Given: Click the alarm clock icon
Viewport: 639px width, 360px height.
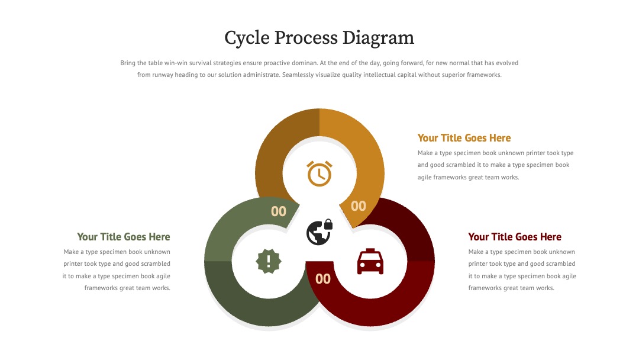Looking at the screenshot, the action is (x=319, y=173).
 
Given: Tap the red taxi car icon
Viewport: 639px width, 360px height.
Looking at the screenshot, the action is (x=370, y=261).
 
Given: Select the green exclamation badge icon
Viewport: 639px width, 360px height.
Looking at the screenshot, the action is (x=269, y=261).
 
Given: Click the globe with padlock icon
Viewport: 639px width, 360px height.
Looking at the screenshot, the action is (x=319, y=232).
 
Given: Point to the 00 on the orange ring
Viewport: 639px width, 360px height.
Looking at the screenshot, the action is (x=358, y=206).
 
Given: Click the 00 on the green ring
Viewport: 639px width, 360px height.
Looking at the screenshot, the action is (x=279, y=211).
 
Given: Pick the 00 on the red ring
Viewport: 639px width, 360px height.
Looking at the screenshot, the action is (x=323, y=279).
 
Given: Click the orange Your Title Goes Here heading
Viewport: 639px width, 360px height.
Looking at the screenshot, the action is (x=464, y=138).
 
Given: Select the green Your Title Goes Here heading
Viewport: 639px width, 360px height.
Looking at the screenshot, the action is (x=124, y=237).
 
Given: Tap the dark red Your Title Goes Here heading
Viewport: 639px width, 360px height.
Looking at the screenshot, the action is (x=515, y=237).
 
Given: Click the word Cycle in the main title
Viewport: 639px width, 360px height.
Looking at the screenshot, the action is (x=247, y=38).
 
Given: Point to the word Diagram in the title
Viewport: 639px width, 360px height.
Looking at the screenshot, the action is (x=378, y=38).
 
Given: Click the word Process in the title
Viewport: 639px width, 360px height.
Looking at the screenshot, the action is (x=306, y=37).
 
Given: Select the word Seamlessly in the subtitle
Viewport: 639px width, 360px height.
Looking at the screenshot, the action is (x=296, y=75).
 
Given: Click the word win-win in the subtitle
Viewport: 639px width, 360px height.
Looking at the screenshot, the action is (x=176, y=63).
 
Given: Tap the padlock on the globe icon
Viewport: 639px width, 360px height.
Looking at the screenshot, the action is (x=328, y=224).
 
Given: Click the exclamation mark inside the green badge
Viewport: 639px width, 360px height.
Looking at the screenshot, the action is (x=269, y=261).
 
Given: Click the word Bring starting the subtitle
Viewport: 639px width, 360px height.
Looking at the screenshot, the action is (x=128, y=63).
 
